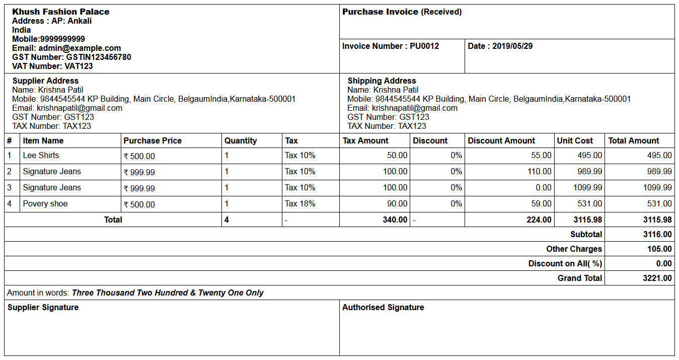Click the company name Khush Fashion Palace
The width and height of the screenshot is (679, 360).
pyautogui.click(x=61, y=12)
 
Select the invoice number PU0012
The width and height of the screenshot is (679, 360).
pyautogui.click(x=424, y=46)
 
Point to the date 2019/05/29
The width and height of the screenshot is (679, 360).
pyautogui.click(x=512, y=46)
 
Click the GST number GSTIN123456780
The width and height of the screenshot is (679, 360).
pyautogui.click(x=99, y=57)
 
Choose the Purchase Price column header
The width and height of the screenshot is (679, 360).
pyautogui.click(x=153, y=141)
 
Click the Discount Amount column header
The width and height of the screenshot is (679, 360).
pyautogui.click(x=501, y=141)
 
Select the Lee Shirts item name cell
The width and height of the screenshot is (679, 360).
pyautogui.click(x=41, y=156)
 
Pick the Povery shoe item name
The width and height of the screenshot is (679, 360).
pyautogui.click(x=45, y=204)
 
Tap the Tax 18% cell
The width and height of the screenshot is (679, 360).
pyautogui.click(x=300, y=204)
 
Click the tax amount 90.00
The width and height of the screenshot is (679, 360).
pyautogui.click(x=397, y=204)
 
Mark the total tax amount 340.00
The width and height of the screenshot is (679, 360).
pyautogui.click(x=395, y=220)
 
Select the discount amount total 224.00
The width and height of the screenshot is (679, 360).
pyautogui.click(x=539, y=220)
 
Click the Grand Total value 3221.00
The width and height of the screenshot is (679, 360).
pyautogui.click(x=657, y=278)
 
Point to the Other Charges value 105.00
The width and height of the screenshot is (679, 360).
pyautogui.click(x=659, y=249)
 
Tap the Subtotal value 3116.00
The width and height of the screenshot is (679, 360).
pyautogui.click(x=657, y=235)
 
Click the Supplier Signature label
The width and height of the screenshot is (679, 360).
pyautogui.click(x=43, y=308)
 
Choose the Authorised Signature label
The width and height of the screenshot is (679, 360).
pyautogui.click(x=383, y=308)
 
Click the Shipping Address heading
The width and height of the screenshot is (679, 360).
pyautogui.click(x=382, y=81)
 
